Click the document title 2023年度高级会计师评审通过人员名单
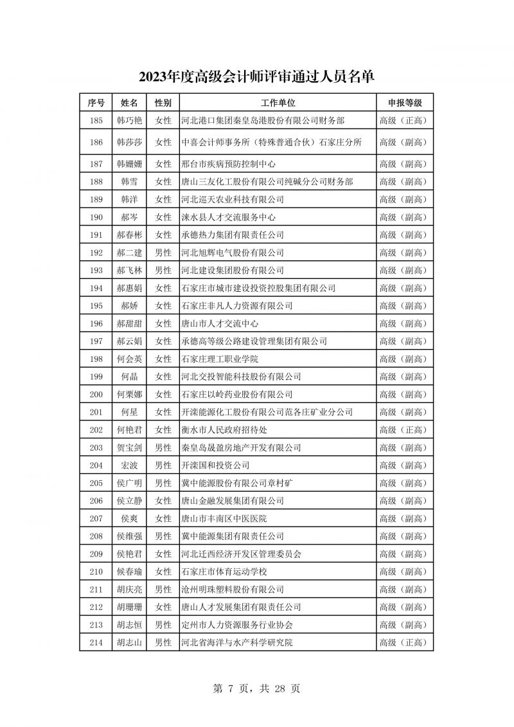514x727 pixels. click(256, 77)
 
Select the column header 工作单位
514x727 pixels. click(278, 103)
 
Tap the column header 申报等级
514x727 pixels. click(404, 103)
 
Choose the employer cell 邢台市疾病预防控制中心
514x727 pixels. click(229, 164)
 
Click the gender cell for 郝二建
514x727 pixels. click(163, 253)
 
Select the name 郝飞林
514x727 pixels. click(129, 271)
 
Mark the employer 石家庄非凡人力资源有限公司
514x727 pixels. click(237, 306)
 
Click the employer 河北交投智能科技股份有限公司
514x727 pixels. click(242, 377)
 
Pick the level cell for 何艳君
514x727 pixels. click(404, 430)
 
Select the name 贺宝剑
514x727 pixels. click(129, 447)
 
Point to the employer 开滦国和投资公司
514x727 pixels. click(215, 465)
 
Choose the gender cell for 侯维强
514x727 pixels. click(163, 536)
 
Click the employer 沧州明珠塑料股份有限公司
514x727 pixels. click(233, 589)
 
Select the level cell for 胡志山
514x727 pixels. click(404, 642)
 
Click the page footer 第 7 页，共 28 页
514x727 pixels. click(256, 688)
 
